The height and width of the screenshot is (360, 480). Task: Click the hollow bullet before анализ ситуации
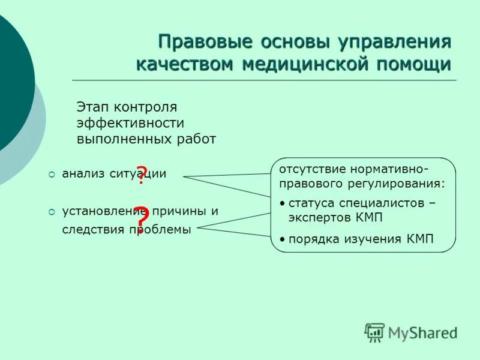(x=52, y=174)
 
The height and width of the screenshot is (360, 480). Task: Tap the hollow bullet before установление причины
(x=52, y=211)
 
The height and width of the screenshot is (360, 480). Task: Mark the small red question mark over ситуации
(x=140, y=175)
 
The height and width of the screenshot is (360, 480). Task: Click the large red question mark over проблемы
(x=140, y=218)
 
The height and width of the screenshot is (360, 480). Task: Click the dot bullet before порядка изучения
(x=283, y=239)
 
